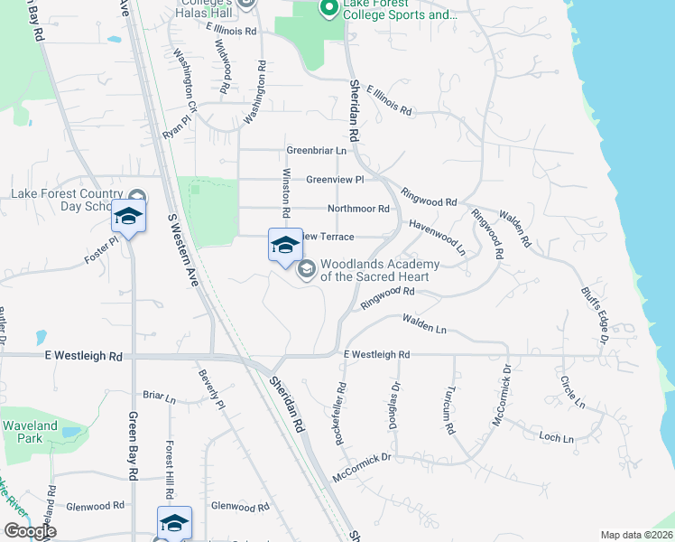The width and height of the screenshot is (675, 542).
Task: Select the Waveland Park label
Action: tap(29, 432)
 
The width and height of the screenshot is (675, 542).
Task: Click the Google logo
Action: tap(30, 530)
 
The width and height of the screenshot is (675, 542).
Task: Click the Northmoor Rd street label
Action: tap(358, 209)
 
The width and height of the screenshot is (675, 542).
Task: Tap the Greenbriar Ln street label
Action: tap(317, 150)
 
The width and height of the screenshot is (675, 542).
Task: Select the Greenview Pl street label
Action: tap(335, 180)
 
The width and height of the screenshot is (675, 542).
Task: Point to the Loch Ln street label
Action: tap(555, 437)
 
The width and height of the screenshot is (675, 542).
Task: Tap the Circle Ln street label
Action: tap(571, 392)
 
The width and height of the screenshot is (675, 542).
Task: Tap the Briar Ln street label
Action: tap(159, 396)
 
